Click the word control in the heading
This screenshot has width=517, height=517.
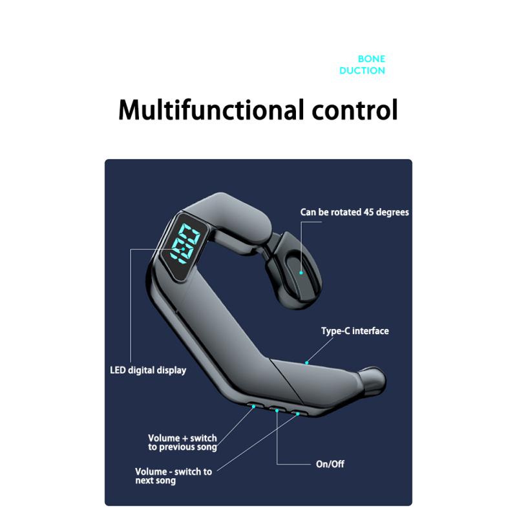point(355,110)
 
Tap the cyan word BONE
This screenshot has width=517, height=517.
point(372,59)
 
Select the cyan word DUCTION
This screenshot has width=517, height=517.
point(362,70)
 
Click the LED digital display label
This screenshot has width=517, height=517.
point(148,370)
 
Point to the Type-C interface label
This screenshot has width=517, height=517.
point(355,331)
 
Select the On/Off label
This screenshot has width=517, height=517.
point(330,464)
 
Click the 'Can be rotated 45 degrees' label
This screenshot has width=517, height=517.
point(354,213)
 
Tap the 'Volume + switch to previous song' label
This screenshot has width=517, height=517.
point(183,443)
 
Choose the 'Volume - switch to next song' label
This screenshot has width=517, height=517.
point(173,476)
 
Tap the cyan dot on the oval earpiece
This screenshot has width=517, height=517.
point(301,273)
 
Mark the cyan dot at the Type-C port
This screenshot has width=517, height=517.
point(306,363)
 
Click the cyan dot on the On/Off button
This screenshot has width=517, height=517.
point(277,410)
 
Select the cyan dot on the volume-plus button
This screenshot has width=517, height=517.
point(253,406)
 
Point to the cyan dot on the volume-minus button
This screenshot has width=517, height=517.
point(298,414)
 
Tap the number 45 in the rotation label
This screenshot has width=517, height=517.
point(369,213)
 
